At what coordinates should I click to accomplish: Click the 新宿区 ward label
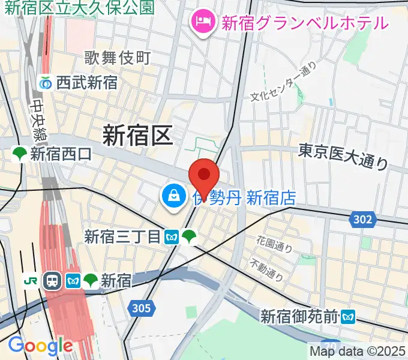(x=137, y=134)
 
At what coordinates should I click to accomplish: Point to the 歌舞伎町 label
(x=117, y=58)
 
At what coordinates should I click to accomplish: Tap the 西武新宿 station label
(x=87, y=83)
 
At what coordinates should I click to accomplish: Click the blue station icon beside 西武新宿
(x=46, y=83)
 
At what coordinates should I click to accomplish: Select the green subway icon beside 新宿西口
(x=20, y=154)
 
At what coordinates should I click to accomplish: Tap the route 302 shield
(x=362, y=220)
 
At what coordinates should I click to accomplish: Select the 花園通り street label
(x=275, y=244)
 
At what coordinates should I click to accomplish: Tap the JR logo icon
(x=29, y=280)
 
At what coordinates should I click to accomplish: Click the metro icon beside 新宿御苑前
(x=349, y=315)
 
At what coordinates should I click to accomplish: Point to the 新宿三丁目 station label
(x=122, y=237)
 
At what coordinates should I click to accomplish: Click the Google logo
(x=40, y=345)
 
